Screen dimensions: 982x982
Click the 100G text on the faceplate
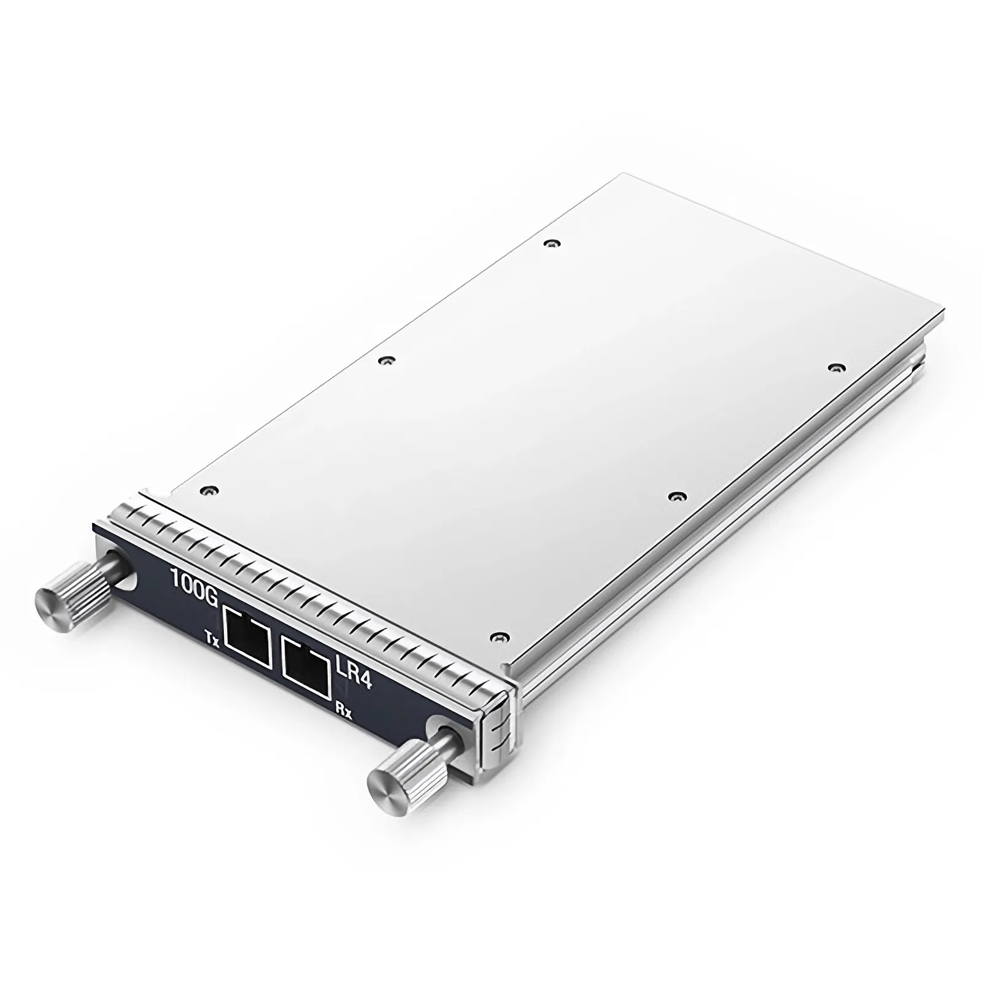point(193,579)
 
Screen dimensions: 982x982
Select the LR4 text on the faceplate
point(355,673)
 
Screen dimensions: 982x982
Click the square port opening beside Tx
point(249,636)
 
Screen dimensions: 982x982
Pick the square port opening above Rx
point(304,667)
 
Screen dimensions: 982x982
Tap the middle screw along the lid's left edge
point(385,361)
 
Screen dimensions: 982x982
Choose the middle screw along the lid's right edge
point(676,495)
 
